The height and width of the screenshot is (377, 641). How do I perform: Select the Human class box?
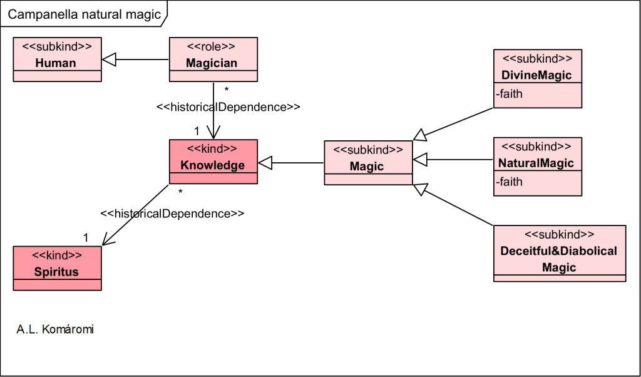coord(57,59)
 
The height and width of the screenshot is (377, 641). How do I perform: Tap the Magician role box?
coord(213,59)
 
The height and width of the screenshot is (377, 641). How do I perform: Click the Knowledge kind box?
coord(213,161)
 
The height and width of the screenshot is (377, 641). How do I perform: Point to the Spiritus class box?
coord(57,267)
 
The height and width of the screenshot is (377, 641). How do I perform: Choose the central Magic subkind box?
coord(368,162)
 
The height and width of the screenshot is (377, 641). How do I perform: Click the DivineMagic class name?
coord(537,75)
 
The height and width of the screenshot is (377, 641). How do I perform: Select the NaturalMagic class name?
coord(537,163)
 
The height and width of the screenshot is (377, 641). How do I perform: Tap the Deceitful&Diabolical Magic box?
coord(559,253)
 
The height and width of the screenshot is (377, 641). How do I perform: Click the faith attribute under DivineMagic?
coord(510,95)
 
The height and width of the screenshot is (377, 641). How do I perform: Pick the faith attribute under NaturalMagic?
coord(510,182)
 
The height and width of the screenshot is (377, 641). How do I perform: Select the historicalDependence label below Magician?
coord(228,107)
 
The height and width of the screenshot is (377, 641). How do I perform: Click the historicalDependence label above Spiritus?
coord(172,213)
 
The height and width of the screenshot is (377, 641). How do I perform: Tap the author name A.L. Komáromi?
coord(55,329)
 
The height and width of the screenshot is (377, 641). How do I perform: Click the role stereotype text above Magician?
coord(213,46)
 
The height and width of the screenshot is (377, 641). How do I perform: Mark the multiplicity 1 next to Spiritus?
coord(86,237)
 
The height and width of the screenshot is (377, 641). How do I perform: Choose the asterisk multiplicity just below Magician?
coord(226,90)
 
